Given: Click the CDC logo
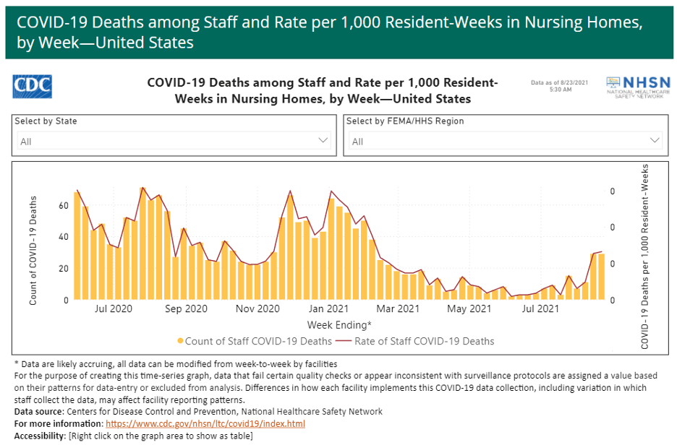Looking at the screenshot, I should [x=33, y=86].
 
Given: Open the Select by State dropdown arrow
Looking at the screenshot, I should [x=323, y=140].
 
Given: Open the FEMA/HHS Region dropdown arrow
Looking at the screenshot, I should [x=655, y=140].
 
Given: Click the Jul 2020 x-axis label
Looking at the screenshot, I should [x=114, y=309].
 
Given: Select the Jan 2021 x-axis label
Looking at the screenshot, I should [x=333, y=309].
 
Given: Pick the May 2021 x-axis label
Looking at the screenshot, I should [x=469, y=309].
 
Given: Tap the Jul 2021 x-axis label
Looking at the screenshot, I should [x=541, y=309].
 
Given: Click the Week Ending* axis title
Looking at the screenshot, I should [x=339, y=325].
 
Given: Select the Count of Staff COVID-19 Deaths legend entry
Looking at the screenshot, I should [x=255, y=341].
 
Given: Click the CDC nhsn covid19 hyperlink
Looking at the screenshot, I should [x=205, y=423].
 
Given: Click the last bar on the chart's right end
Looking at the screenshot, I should [x=601, y=276].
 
